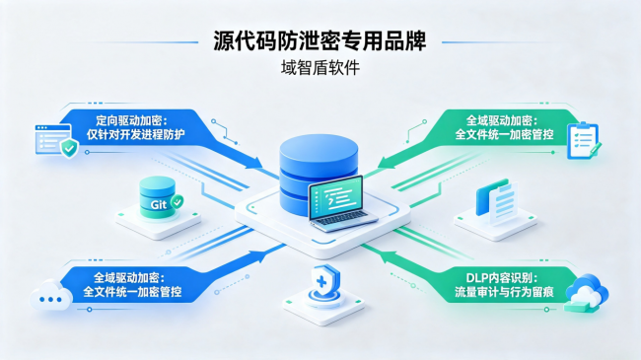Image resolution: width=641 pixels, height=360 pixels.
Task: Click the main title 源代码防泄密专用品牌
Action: tap(320, 40)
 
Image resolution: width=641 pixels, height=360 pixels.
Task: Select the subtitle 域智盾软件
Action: tap(320, 67)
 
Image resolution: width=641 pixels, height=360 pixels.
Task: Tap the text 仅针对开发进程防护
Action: tap(135, 134)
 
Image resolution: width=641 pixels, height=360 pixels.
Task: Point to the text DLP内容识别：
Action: tap(502, 278)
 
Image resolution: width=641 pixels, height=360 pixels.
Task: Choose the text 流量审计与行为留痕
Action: tap(504, 292)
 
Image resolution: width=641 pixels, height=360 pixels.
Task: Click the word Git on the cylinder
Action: tap(158, 204)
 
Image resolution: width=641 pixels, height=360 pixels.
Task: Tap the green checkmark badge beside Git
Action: tap(178, 201)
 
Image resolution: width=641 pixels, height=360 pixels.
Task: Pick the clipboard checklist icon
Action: tap(584, 140)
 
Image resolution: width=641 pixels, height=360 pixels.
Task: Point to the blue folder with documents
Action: tap(496, 201)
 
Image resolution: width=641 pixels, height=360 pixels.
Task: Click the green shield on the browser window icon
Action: tap(69, 148)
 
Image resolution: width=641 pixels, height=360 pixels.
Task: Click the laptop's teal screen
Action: tap(336, 196)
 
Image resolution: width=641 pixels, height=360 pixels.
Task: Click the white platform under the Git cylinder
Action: tap(158, 222)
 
